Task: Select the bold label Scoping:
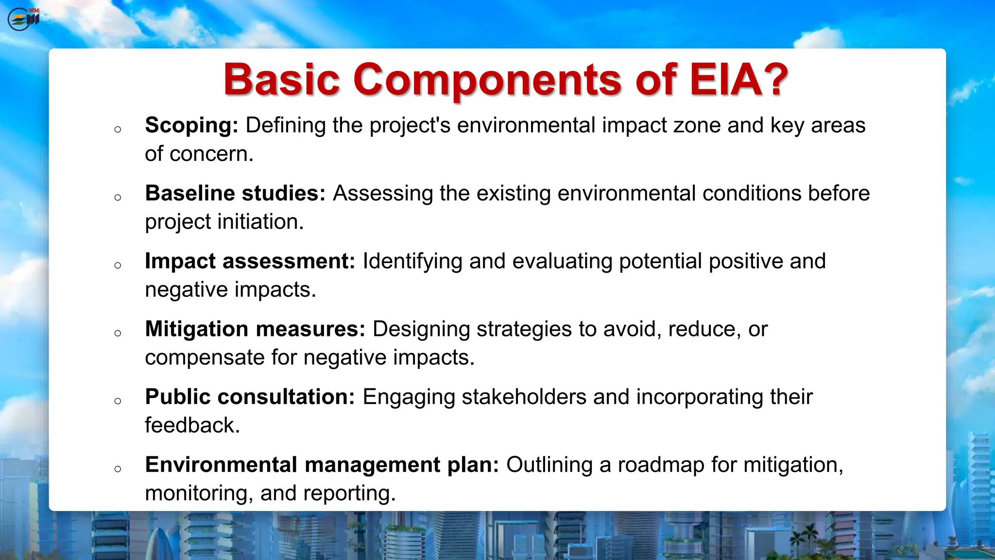191,125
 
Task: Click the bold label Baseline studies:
235,193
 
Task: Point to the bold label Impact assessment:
250,261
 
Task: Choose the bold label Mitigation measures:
255,329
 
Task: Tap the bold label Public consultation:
250,397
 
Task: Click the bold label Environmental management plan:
322,465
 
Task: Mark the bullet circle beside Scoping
118,129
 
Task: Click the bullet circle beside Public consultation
118,401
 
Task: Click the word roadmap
661,465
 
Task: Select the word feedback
192,425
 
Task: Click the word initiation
260,222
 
